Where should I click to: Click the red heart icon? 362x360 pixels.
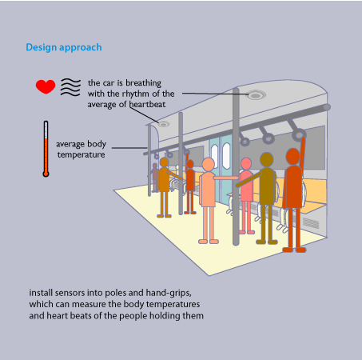[x=46, y=86]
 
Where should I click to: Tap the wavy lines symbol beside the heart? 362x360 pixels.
[x=70, y=87]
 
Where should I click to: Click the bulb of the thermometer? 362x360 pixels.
[x=46, y=174]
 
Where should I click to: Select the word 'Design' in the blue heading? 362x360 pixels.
[x=42, y=47]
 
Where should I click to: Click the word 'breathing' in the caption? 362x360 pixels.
[x=143, y=83]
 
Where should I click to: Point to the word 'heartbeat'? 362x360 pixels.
[x=147, y=104]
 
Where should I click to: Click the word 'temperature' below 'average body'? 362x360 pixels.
[x=81, y=154]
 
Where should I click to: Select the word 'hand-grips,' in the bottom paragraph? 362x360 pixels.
[x=169, y=293]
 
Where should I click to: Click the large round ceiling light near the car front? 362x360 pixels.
[x=256, y=95]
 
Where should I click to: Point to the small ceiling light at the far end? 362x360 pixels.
[x=164, y=124]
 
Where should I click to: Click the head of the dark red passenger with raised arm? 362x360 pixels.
[x=293, y=157]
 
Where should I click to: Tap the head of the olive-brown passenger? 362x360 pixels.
[x=267, y=160]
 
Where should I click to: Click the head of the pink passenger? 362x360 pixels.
[x=246, y=164]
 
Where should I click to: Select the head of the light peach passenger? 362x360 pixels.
[x=209, y=165]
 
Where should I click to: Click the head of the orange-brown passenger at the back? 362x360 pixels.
[x=164, y=162]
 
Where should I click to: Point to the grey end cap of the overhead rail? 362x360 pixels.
[x=327, y=107]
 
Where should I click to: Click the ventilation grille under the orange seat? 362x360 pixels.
[x=311, y=223]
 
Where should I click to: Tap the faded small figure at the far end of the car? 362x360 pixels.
[x=155, y=178]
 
